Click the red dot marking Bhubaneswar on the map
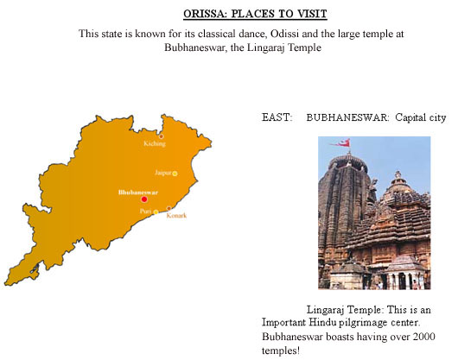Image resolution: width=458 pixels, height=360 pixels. point(144,199)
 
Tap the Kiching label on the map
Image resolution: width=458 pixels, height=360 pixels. point(155,143)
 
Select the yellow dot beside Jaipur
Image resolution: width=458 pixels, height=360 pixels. point(175,174)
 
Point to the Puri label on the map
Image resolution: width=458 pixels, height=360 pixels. point(145,211)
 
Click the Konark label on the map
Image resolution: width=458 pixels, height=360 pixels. point(176,216)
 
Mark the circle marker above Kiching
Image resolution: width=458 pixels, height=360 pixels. point(162,136)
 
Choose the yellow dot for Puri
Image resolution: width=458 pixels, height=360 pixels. point(156,212)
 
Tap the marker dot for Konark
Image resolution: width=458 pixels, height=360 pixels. point(169,208)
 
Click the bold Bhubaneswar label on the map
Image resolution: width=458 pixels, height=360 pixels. point(138,193)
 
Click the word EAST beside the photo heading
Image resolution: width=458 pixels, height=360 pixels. point(277,117)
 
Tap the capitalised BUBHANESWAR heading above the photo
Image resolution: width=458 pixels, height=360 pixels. point(347,117)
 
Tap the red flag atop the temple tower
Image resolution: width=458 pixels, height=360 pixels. point(340,142)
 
